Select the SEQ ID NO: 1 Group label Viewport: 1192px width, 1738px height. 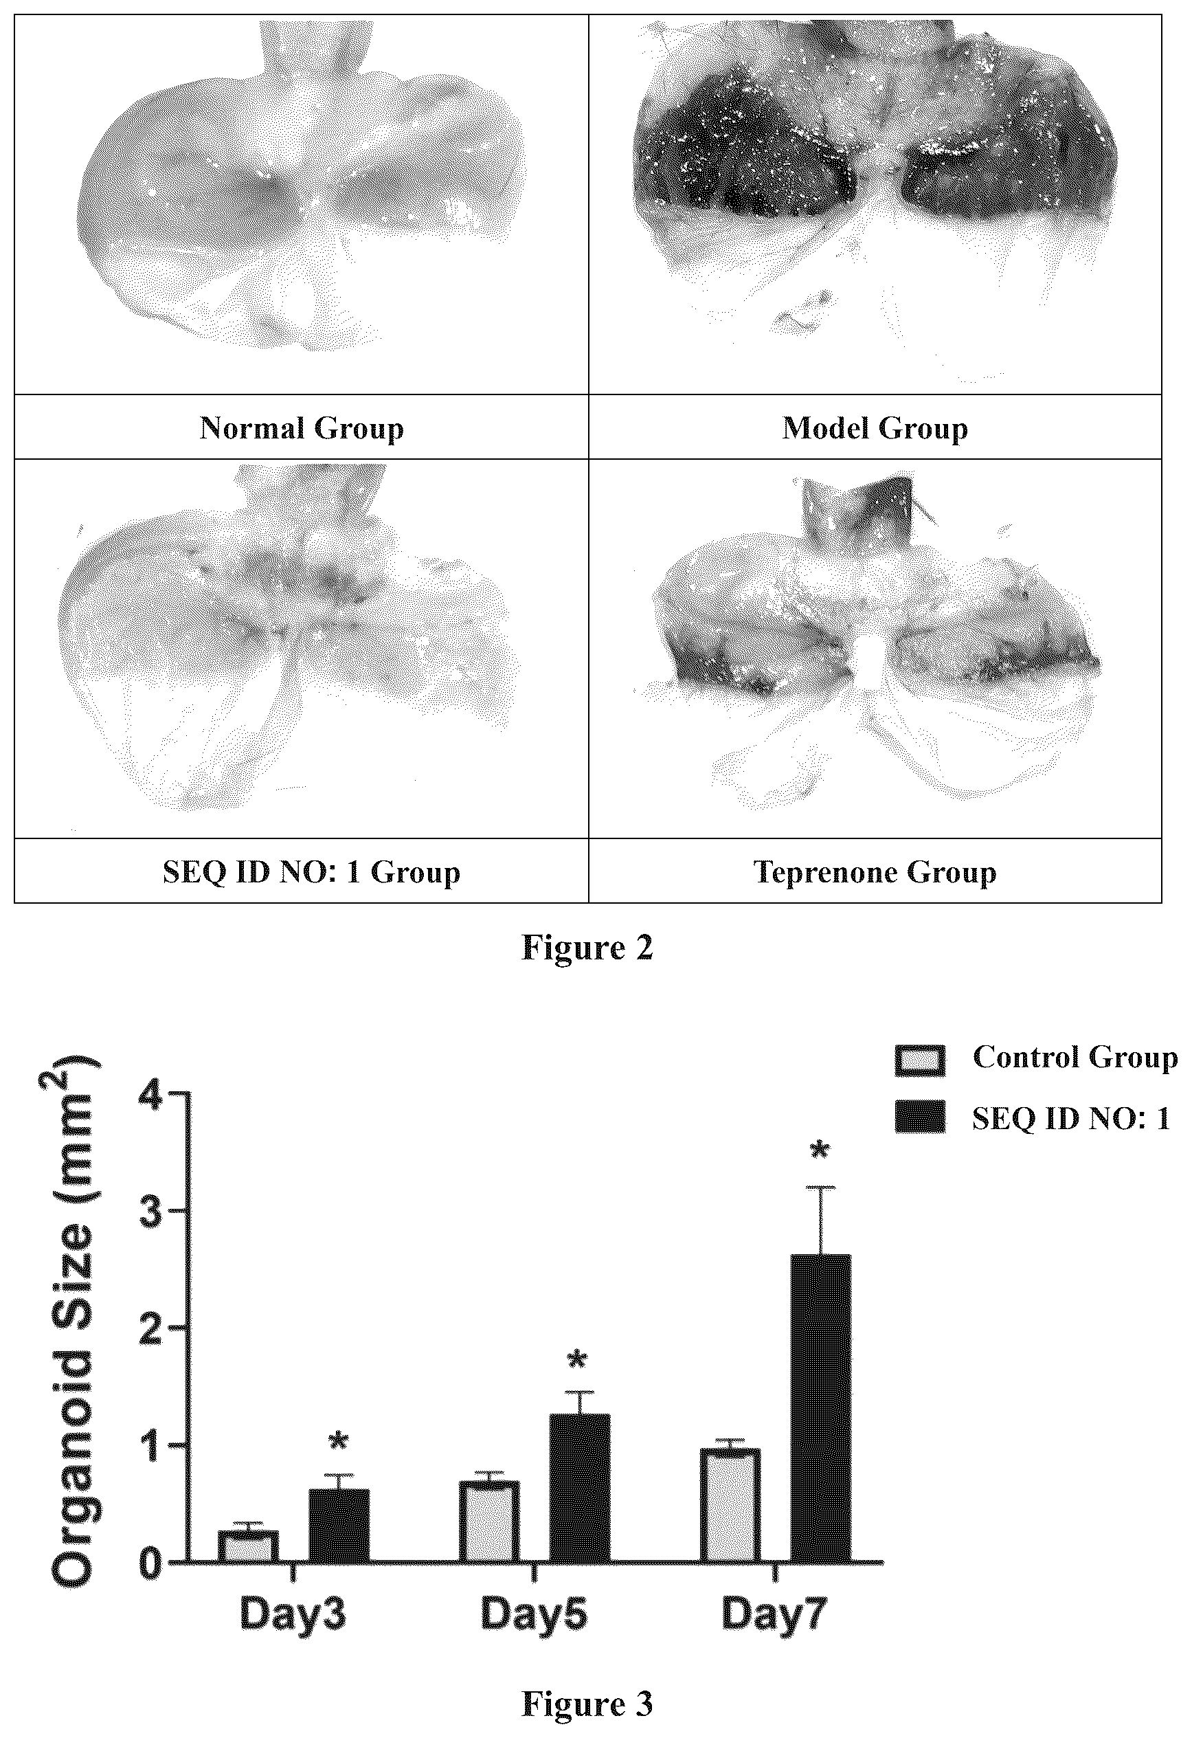(311, 872)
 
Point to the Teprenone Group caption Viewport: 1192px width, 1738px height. (875, 872)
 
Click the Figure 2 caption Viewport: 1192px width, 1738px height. (587, 947)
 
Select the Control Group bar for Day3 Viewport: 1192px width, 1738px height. (248, 1545)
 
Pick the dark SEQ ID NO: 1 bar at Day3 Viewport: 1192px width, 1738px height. (339, 1524)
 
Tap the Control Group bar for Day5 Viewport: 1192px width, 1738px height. (489, 1520)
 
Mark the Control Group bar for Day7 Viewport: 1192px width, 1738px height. (730, 1504)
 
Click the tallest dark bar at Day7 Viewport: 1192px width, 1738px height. (821, 1407)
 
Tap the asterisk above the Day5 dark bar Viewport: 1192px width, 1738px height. (577, 1359)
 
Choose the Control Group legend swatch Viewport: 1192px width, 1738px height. (920, 1060)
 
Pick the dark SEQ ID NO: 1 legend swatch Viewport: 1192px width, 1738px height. (920, 1117)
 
